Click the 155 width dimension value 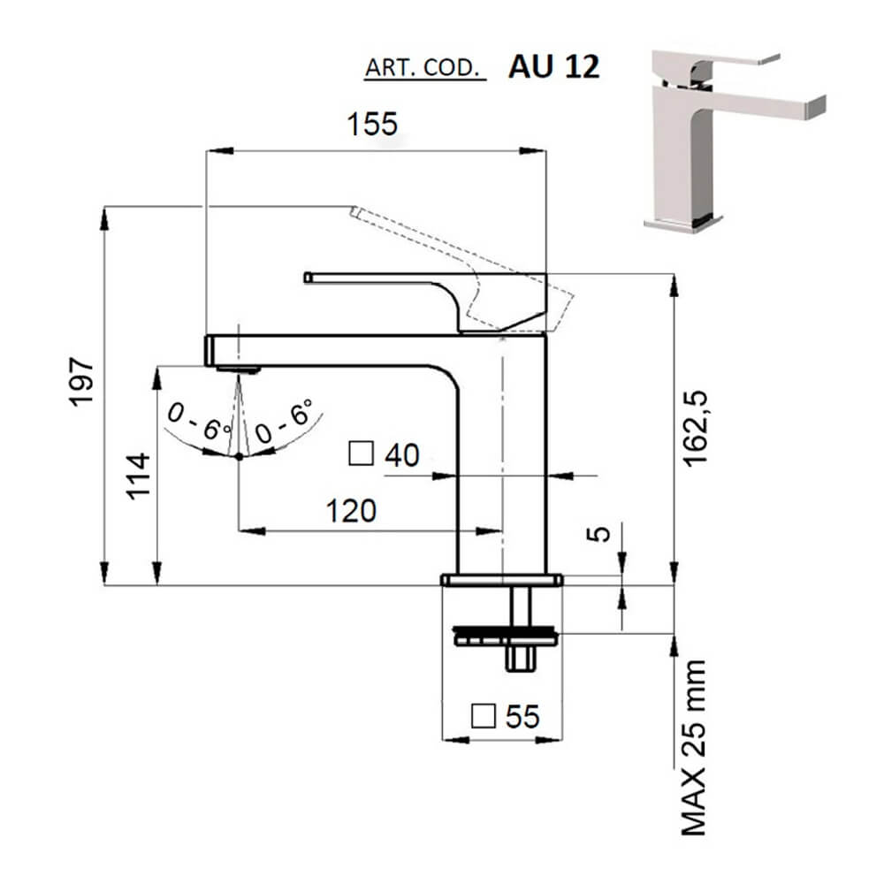[372, 124]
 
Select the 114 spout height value [138, 476]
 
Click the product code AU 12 [553, 68]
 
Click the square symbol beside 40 [361, 453]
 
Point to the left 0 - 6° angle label [201, 422]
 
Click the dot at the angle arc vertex [239, 456]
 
